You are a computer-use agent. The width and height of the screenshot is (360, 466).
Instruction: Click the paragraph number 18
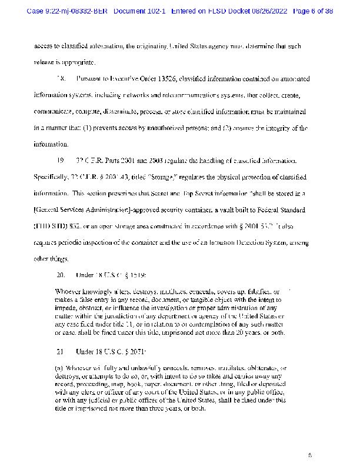click(59, 78)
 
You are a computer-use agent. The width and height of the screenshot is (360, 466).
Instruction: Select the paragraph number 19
click(59, 161)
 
